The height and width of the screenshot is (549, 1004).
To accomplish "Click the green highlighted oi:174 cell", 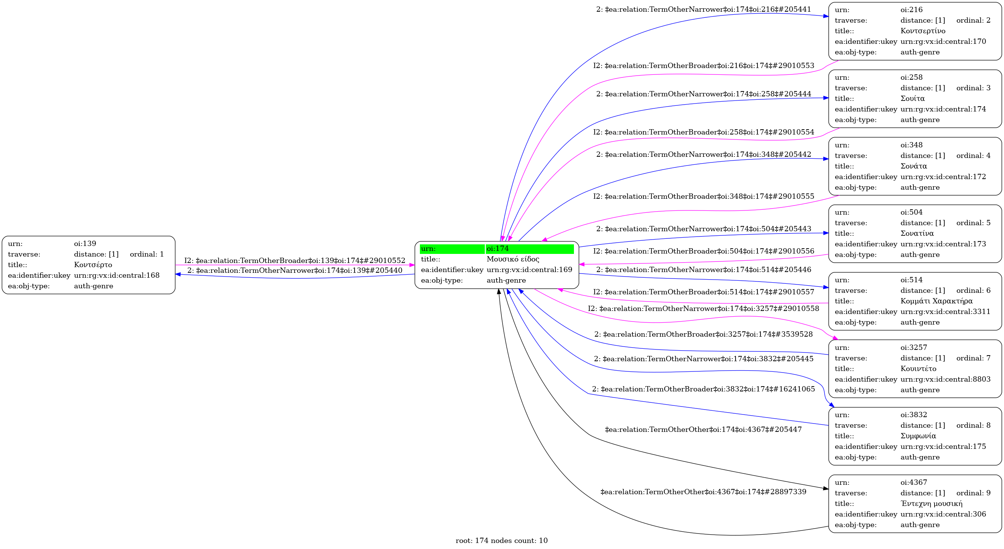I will pyautogui.click(x=529, y=249).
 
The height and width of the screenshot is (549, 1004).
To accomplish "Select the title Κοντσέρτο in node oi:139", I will pyautogui.click(x=93, y=265).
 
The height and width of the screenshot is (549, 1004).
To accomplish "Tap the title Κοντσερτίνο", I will pyautogui.click(x=922, y=31).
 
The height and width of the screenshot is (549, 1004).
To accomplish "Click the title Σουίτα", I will pyautogui.click(x=912, y=98).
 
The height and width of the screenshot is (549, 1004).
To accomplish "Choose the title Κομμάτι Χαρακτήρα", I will pyautogui.click(x=936, y=301).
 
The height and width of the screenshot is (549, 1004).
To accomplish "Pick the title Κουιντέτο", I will pyautogui.click(x=918, y=368).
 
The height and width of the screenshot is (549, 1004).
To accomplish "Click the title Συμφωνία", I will pyautogui.click(x=918, y=436).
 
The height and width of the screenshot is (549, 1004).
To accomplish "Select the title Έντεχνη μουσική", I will pyautogui.click(x=931, y=503).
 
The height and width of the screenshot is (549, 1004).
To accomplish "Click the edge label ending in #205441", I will pyautogui.click(x=703, y=9).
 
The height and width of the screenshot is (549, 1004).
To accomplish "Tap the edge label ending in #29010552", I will pyautogui.click(x=295, y=260).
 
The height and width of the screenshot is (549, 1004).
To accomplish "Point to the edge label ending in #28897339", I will pyautogui.click(x=703, y=492).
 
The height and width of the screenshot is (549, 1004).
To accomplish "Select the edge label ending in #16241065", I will pyautogui.click(x=703, y=389).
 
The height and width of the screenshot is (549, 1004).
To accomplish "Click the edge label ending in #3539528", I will pyautogui.click(x=703, y=334).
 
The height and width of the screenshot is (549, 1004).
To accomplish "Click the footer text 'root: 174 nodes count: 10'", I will pyautogui.click(x=501, y=540).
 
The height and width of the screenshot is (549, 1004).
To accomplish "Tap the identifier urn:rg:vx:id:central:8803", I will pyautogui.click(x=945, y=379).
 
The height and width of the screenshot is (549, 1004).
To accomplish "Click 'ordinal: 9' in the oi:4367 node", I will pyautogui.click(x=973, y=493).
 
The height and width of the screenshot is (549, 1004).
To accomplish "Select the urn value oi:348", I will pyautogui.click(x=911, y=145).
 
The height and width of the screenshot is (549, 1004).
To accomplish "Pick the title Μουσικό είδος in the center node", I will pyautogui.click(x=513, y=259).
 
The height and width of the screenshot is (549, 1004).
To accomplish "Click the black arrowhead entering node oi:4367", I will pyautogui.click(x=825, y=488).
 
